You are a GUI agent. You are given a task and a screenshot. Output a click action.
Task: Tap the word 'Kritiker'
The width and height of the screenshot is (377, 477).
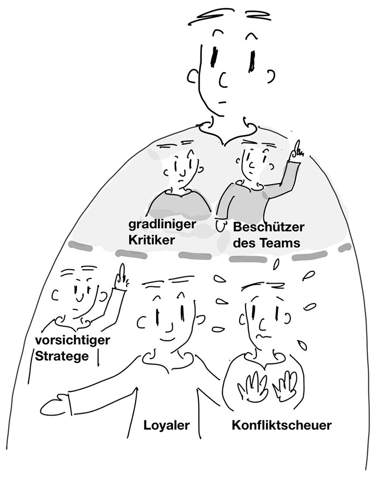[x=151, y=240]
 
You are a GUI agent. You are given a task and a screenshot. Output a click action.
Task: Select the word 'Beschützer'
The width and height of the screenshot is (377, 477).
[x=268, y=227]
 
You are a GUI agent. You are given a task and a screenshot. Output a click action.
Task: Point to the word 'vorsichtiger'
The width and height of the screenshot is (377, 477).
[x=72, y=340]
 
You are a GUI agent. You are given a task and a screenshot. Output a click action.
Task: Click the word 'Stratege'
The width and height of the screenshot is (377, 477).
[x=62, y=356]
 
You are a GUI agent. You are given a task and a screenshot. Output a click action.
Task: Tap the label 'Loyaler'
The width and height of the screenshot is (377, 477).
[x=166, y=425]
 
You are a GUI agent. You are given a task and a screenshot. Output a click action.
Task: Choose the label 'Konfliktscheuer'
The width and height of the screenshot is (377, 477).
[x=282, y=425]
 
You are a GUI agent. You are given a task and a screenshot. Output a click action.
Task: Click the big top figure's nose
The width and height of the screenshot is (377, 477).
[x=222, y=80]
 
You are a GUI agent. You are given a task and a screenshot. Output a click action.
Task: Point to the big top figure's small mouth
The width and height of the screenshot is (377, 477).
[x=222, y=102]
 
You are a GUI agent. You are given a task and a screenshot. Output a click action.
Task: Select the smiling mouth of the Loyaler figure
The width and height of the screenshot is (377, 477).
[x=168, y=339]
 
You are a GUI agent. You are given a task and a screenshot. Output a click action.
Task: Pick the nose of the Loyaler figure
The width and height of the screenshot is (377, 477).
[x=169, y=326]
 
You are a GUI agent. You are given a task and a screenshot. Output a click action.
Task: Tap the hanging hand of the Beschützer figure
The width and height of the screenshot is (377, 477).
[x=221, y=226]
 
